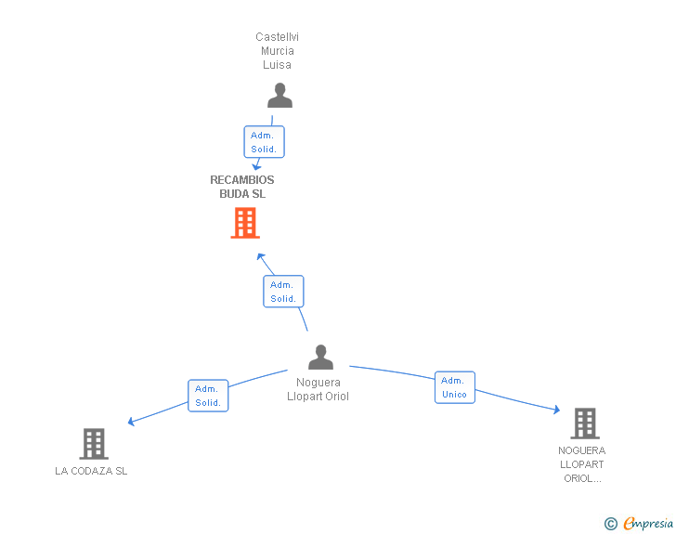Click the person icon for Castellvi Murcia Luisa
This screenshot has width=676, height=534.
(279, 96)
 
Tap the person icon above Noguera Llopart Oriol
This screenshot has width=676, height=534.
(320, 358)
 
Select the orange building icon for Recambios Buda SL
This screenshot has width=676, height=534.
(245, 223)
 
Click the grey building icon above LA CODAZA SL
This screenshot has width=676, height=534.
(94, 444)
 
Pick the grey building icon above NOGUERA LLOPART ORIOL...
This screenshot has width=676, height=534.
(585, 423)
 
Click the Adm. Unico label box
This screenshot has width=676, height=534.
(455, 387)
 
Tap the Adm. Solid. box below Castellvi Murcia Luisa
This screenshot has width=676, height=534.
(265, 142)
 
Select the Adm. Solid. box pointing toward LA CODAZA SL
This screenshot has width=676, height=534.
(208, 396)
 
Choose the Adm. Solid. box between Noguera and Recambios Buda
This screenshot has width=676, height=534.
(284, 292)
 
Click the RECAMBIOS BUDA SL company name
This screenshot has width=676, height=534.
(242, 187)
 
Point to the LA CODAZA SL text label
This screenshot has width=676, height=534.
(91, 471)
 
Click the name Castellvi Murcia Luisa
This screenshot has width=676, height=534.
(278, 51)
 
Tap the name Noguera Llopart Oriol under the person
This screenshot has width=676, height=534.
(318, 389)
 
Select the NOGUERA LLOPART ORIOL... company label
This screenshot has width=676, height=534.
(582, 464)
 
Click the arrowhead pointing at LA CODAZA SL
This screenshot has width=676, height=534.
(131, 422)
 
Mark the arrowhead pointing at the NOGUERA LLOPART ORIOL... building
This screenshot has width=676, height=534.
(557, 410)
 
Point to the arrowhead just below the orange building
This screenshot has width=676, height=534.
(260, 257)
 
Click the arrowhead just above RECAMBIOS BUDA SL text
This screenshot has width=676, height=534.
(256, 166)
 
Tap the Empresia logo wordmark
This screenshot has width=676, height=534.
(648, 523)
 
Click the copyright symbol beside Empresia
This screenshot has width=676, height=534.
(611, 524)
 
